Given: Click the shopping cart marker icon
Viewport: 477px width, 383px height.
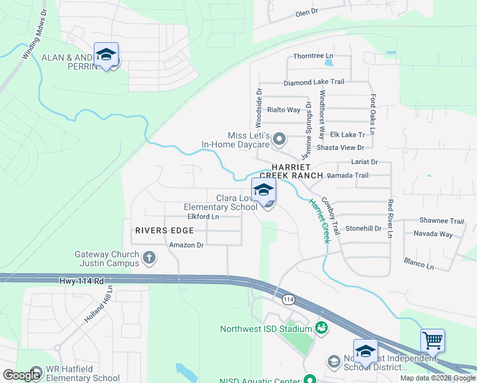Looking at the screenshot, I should pyautogui.click(x=432, y=341).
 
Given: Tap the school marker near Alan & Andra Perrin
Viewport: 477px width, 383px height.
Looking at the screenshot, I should pyautogui.click(x=106, y=54).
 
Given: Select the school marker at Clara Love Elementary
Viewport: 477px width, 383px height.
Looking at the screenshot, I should pyautogui.click(x=263, y=190).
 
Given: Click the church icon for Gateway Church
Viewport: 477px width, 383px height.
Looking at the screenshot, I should pyautogui.click(x=149, y=258).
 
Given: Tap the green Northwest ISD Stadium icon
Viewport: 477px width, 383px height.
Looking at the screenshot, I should pyautogui.click(x=322, y=329).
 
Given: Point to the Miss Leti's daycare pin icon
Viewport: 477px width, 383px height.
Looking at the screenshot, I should pyautogui.click(x=279, y=139).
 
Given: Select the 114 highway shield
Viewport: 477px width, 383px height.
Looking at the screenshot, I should pyautogui.click(x=288, y=299).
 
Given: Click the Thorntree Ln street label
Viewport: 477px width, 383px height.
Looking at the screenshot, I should pyautogui.click(x=313, y=56).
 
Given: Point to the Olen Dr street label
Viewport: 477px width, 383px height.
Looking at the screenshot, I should pyautogui.click(x=311, y=13).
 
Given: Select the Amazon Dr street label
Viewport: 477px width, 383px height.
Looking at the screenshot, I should pyautogui.click(x=186, y=244).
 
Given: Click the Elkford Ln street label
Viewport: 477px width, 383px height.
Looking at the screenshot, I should pyautogui.click(x=203, y=216).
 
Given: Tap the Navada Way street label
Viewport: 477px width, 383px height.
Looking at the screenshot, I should pyautogui.click(x=433, y=234).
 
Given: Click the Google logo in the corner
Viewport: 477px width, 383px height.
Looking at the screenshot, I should pyautogui.click(x=22, y=375).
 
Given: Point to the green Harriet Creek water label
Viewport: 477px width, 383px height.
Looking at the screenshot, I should pyautogui.click(x=319, y=221).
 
